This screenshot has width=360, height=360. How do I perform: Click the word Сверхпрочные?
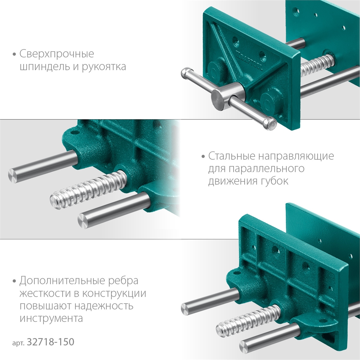[x=57, y=54]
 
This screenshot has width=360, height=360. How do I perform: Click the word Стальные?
[x=231, y=156]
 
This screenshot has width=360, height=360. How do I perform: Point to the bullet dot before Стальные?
[x=203, y=157]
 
